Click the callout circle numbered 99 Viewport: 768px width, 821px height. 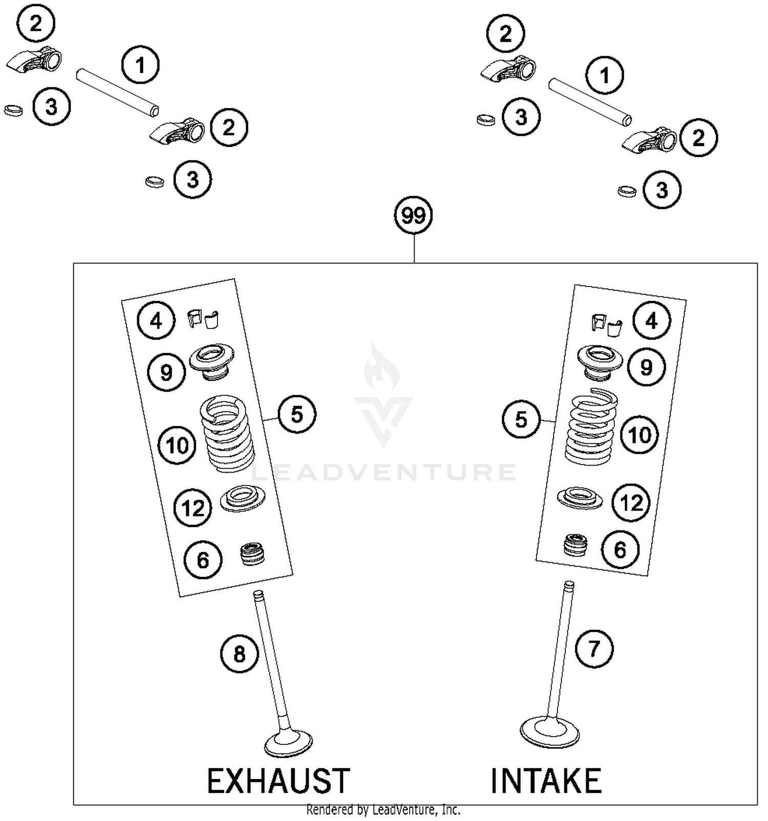[413, 215]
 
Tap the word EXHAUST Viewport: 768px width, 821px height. [278, 781]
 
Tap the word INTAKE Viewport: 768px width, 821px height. [546, 781]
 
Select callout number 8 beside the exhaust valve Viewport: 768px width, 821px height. [239, 654]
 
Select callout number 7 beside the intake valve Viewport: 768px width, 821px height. [594, 649]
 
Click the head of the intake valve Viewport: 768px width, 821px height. [549, 732]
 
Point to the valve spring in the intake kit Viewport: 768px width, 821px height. [591, 427]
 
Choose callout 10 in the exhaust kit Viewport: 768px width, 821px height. [177, 446]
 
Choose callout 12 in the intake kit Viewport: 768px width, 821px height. [631, 503]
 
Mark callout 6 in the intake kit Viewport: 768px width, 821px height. [620, 550]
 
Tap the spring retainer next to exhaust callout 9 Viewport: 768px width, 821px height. [211, 361]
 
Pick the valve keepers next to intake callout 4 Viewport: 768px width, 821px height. [607, 324]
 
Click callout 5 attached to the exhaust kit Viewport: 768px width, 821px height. [297, 414]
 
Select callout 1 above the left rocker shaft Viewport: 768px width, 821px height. [140, 65]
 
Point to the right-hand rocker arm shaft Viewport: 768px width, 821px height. [589, 101]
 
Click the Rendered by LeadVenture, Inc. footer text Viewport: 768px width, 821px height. [383, 810]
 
